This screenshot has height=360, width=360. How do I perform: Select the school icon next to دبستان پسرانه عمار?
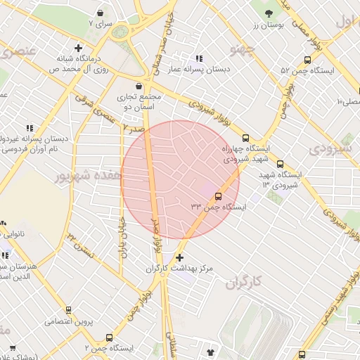click(199, 58)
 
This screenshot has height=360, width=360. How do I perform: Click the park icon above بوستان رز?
click(268, 13)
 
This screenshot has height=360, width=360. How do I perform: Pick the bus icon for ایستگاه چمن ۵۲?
click(307, 60)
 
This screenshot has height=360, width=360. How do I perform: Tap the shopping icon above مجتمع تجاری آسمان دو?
click(140, 85)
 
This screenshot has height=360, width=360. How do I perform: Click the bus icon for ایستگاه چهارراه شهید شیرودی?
click(245, 138)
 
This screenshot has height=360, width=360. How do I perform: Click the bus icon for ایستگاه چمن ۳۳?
click(218, 196)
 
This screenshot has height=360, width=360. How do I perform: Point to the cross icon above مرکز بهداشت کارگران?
click(180, 257)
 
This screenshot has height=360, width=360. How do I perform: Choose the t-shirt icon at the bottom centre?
click(210, 350)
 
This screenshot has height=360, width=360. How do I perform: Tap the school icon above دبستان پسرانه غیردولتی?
click(30, 128)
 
